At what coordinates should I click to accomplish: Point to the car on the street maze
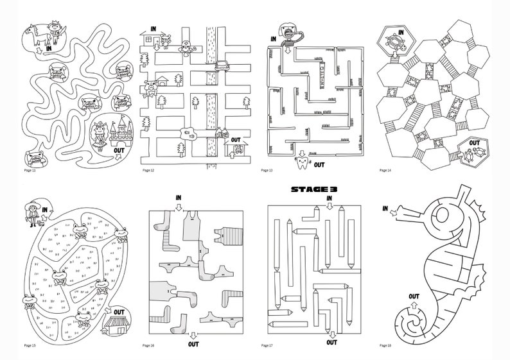(221, 64)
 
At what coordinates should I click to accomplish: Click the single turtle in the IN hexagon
(393, 43)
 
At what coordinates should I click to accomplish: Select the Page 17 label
(268, 346)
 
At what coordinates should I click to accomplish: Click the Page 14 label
(385, 171)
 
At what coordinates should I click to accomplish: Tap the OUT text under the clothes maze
(193, 344)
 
